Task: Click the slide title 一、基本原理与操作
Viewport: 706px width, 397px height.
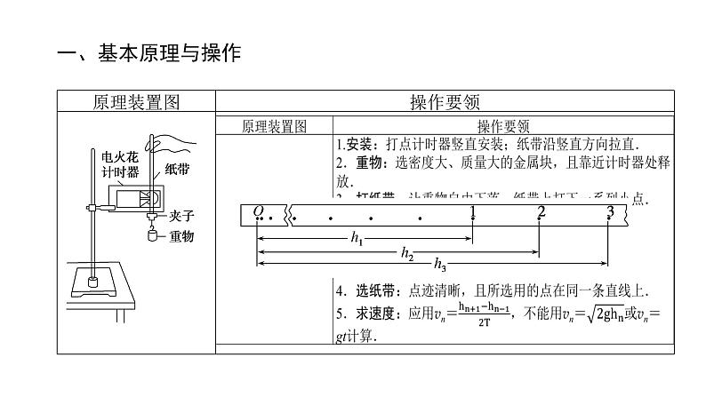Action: (x=148, y=54)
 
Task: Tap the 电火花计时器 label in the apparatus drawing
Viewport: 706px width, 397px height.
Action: (x=120, y=163)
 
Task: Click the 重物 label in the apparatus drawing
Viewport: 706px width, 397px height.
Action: (x=180, y=235)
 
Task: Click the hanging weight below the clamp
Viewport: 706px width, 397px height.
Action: (x=152, y=235)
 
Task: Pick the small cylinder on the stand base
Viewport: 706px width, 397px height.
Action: (x=92, y=282)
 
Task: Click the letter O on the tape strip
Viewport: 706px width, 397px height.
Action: (x=259, y=210)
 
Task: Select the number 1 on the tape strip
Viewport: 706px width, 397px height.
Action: (x=473, y=211)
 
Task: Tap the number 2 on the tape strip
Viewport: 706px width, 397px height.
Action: (x=541, y=211)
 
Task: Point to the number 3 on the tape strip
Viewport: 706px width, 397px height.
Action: (x=609, y=211)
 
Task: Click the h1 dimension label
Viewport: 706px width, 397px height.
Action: (x=357, y=237)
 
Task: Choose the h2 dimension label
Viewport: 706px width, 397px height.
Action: (x=406, y=252)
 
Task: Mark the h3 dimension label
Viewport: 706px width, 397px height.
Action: (x=440, y=266)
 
